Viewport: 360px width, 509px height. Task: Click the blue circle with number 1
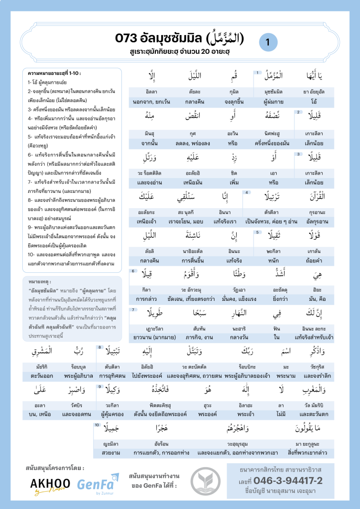click(x=268, y=43)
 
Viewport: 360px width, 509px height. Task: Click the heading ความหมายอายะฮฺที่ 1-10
click(x=55, y=73)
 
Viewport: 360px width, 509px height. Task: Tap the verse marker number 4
click(x=246, y=192)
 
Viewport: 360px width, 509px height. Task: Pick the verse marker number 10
click(x=97, y=425)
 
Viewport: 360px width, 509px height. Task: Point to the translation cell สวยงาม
click(x=112, y=452)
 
